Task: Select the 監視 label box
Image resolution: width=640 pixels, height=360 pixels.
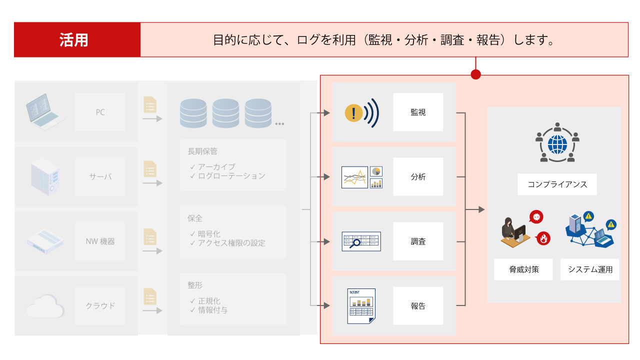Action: click(x=418, y=112)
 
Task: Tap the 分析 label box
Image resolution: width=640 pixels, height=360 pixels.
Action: click(x=418, y=176)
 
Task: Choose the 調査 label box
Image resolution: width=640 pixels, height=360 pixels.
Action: click(x=418, y=241)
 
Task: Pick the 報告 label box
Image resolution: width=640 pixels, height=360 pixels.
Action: click(x=418, y=305)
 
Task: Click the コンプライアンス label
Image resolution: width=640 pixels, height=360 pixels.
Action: click(x=557, y=184)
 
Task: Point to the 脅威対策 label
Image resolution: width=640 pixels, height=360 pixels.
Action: click(x=524, y=269)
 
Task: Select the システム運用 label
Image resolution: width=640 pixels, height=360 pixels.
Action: click(x=590, y=269)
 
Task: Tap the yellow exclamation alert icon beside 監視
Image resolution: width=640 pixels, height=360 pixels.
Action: click(x=353, y=113)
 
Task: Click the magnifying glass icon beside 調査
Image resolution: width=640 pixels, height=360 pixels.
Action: click(x=356, y=243)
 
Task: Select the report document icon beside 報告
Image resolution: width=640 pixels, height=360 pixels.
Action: click(x=361, y=305)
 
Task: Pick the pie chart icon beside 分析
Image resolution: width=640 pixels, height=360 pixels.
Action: click(x=376, y=171)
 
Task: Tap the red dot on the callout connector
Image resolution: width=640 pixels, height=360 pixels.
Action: click(x=475, y=74)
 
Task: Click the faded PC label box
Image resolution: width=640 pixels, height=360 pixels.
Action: click(x=100, y=112)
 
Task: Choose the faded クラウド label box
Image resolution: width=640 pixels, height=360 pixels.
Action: click(x=100, y=305)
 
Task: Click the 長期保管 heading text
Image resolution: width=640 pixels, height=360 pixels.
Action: click(x=202, y=151)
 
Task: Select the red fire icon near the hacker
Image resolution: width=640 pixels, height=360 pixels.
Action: click(x=543, y=238)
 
